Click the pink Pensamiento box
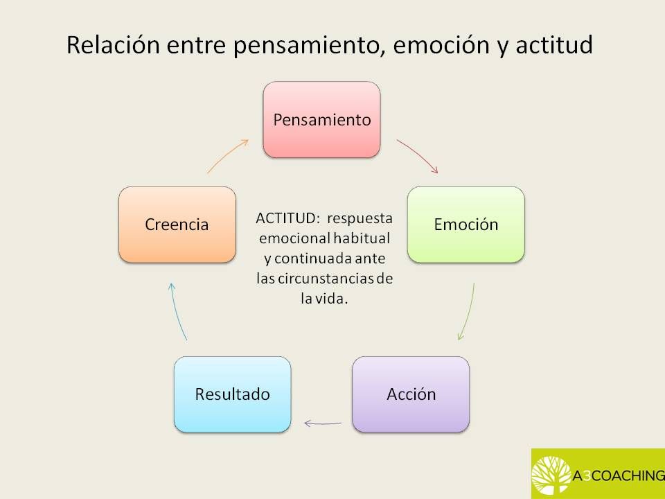321,119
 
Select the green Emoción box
465,225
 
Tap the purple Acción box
411,394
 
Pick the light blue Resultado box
232,394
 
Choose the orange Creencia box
177,225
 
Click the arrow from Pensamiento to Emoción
418,156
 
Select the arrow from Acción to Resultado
323,421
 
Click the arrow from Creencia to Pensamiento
228,155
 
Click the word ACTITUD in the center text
285,218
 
